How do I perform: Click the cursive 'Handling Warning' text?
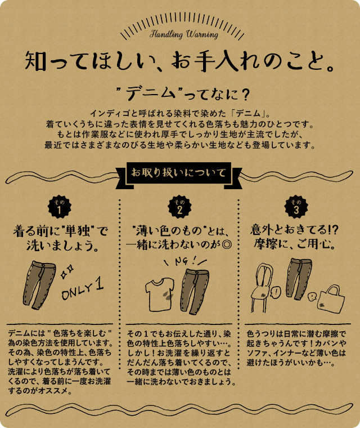(184, 34)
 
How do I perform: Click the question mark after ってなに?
(245, 95)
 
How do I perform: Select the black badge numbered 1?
(60, 207)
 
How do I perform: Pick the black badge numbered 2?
(179, 207)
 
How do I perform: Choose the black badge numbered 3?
(296, 207)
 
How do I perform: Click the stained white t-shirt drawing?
(160, 294)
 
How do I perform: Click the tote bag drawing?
(331, 298)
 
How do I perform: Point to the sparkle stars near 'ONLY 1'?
(67, 271)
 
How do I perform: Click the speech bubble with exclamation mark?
(276, 292)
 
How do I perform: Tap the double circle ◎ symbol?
(226, 244)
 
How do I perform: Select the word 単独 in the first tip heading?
(77, 232)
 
